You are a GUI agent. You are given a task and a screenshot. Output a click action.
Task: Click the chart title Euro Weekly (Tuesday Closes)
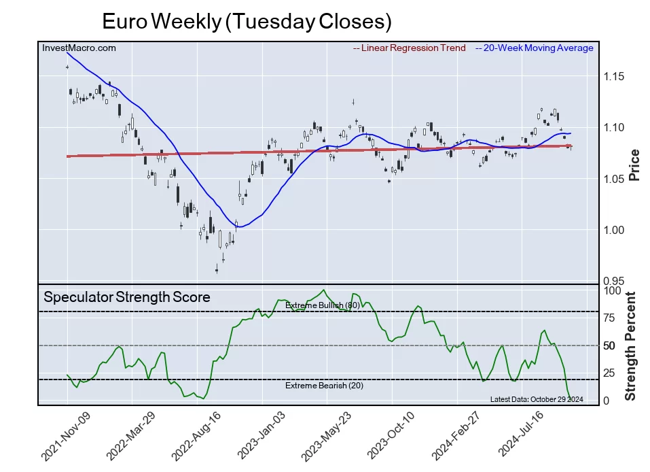[x=247, y=22]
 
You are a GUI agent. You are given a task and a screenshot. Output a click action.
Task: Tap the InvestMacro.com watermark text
[x=79, y=48]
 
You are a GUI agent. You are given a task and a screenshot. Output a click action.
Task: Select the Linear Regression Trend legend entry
[x=410, y=48]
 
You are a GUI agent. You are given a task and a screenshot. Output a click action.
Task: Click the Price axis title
[x=634, y=165]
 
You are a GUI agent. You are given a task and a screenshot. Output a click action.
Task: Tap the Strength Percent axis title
[x=630, y=345]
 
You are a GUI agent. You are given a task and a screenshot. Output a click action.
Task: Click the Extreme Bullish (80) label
[x=322, y=305]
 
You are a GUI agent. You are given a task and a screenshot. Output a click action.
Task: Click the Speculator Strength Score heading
[x=127, y=297]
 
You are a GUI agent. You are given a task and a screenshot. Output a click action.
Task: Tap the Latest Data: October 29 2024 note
[x=537, y=399]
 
